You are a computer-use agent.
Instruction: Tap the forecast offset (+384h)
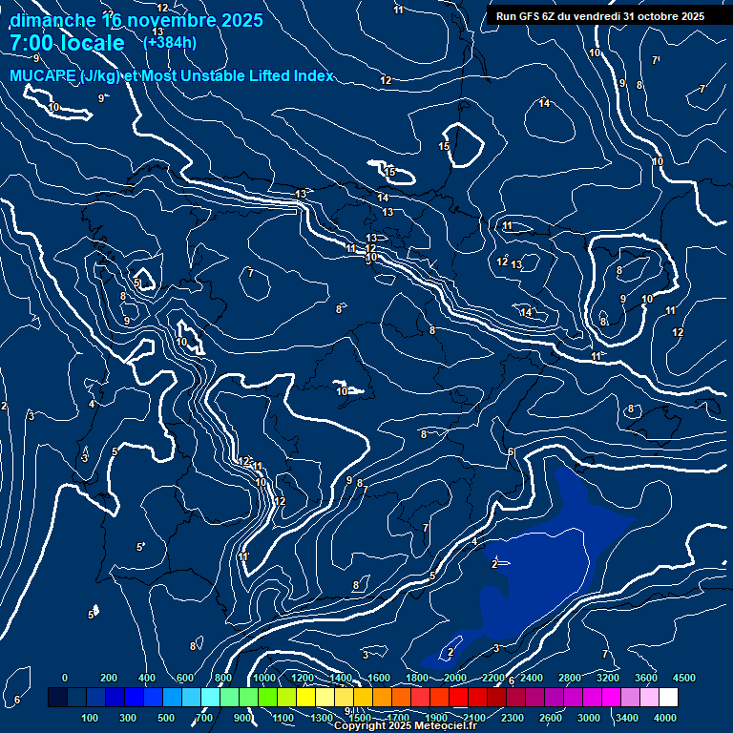(x=170, y=42)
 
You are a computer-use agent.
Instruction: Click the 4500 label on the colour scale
(x=684, y=677)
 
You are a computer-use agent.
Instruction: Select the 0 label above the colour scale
(x=64, y=677)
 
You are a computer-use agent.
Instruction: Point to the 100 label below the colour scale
(x=91, y=717)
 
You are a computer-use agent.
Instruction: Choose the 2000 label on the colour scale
(x=455, y=677)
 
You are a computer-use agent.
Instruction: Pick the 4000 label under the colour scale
(x=665, y=717)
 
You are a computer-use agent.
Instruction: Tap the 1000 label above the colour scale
(x=264, y=677)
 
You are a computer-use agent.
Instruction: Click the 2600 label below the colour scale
(x=551, y=717)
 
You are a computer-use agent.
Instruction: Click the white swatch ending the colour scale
(x=695, y=697)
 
